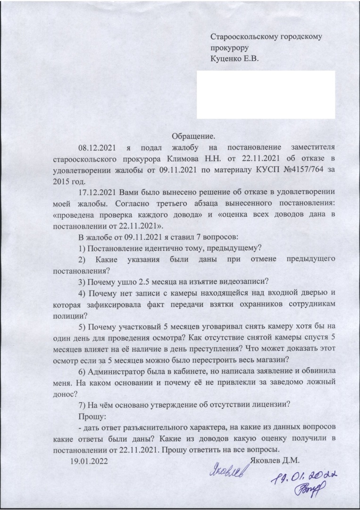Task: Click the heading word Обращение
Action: click(x=193, y=136)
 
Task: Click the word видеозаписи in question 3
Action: click(x=246, y=282)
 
